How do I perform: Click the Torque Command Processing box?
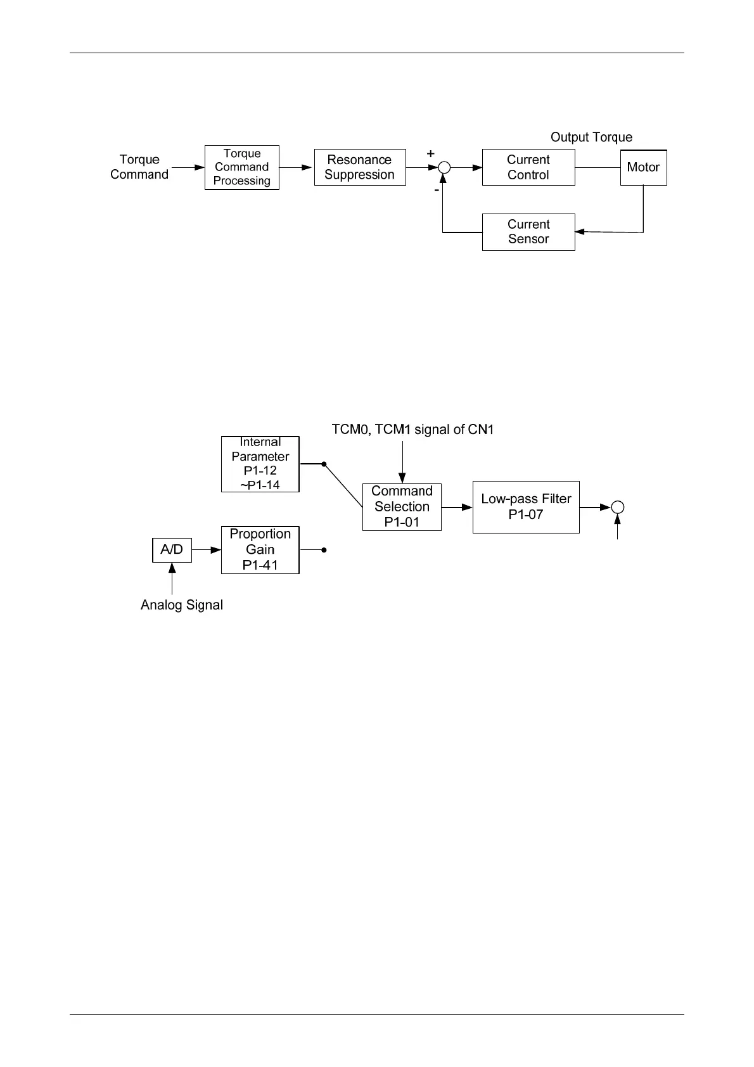(x=241, y=167)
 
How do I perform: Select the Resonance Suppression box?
(x=359, y=167)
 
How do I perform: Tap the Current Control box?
(x=528, y=167)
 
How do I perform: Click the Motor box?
(x=643, y=167)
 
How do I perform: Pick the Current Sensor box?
(x=528, y=232)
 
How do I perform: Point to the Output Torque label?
(x=591, y=137)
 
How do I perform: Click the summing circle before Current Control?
(x=444, y=167)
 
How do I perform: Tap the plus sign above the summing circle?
(x=431, y=153)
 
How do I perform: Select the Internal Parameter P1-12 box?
(x=260, y=464)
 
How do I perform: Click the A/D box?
(x=172, y=550)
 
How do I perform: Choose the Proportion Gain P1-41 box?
(x=260, y=550)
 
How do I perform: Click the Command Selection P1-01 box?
(x=402, y=507)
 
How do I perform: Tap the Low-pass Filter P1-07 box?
(x=526, y=507)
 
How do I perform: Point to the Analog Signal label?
(x=182, y=605)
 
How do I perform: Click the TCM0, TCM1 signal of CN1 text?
(x=412, y=430)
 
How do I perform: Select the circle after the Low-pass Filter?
(x=618, y=507)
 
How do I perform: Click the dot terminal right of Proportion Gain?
(x=324, y=550)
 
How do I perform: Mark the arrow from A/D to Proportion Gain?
(x=206, y=550)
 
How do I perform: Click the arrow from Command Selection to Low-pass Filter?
(x=457, y=507)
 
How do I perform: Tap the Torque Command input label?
(x=139, y=167)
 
